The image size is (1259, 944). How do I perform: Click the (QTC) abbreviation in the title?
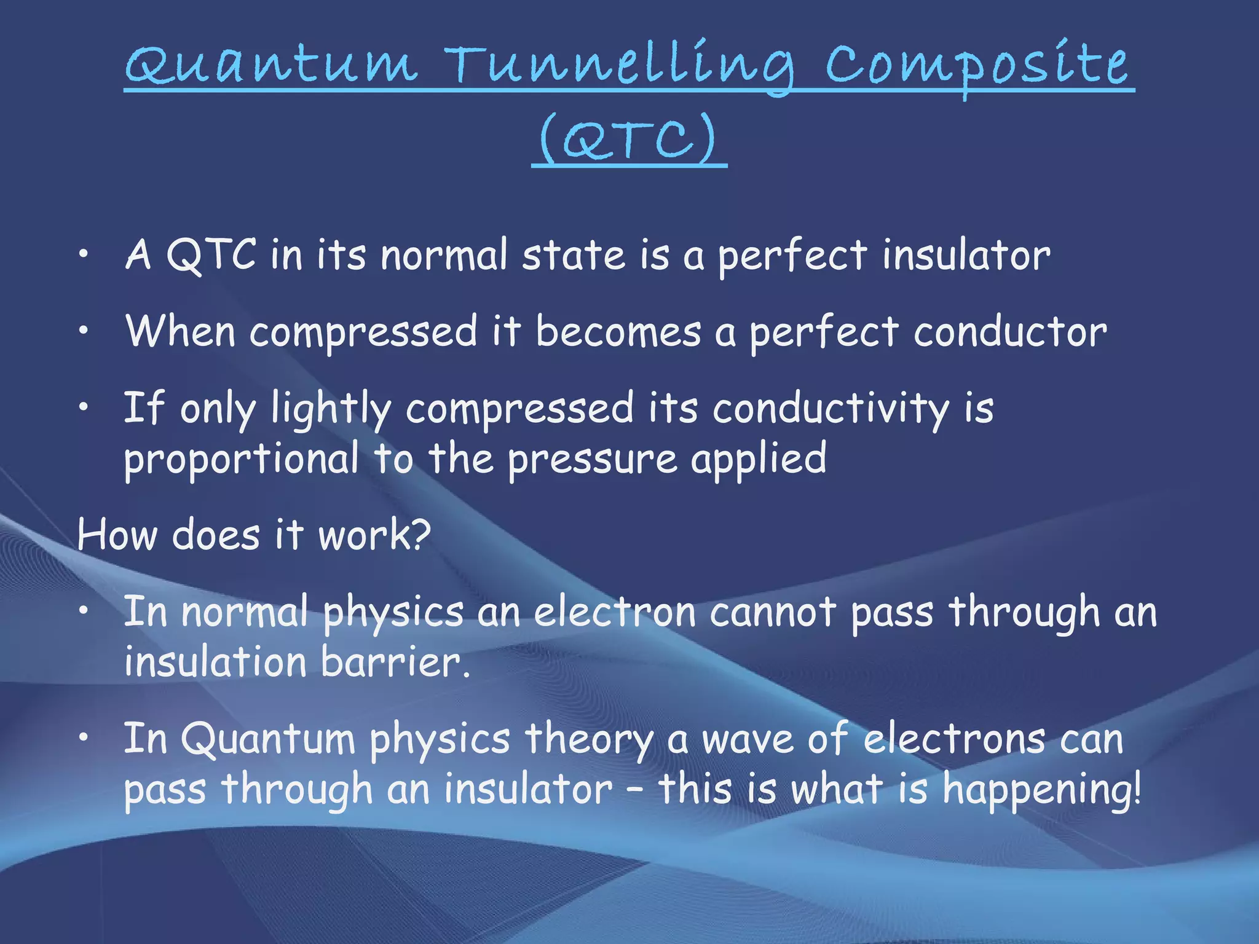(x=628, y=140)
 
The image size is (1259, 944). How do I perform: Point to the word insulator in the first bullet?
(x=966, y=255)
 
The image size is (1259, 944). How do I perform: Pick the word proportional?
(x=241, y=460)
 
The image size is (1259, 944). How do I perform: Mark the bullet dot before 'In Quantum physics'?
(x=84, y=737)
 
